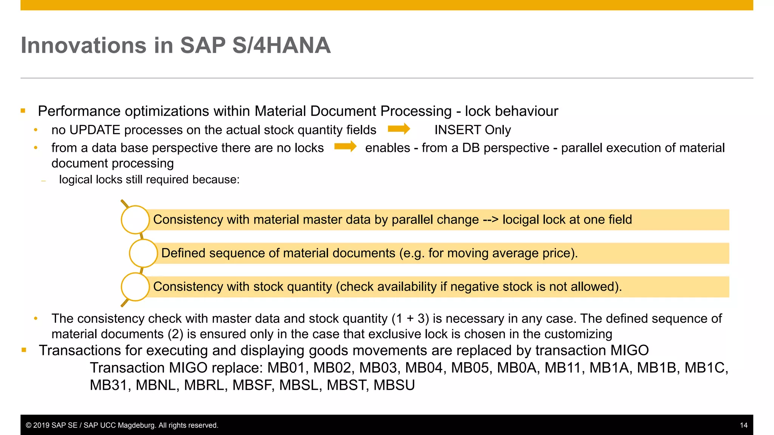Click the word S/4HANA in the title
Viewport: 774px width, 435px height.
[281, 46]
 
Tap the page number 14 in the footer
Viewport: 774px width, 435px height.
[743, 425]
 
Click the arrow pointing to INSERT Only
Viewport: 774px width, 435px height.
[399, 129]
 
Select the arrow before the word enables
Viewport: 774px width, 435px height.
[345, 147]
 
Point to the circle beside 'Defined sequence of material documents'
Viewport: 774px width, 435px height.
[143, 253]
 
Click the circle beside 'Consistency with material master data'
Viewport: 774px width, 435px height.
[135, 219]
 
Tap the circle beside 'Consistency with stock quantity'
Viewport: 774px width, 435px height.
[135, 287]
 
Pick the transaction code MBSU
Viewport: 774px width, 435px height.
[394, 385]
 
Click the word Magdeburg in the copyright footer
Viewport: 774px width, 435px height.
[136, 426]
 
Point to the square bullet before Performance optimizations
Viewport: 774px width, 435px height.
[23, 111]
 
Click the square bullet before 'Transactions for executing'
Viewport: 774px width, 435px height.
[24, 350]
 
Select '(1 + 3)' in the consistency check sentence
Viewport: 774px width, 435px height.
[410, 319]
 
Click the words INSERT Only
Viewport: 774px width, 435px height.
[472, 130]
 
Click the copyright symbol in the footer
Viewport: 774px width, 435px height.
[28, 426]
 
